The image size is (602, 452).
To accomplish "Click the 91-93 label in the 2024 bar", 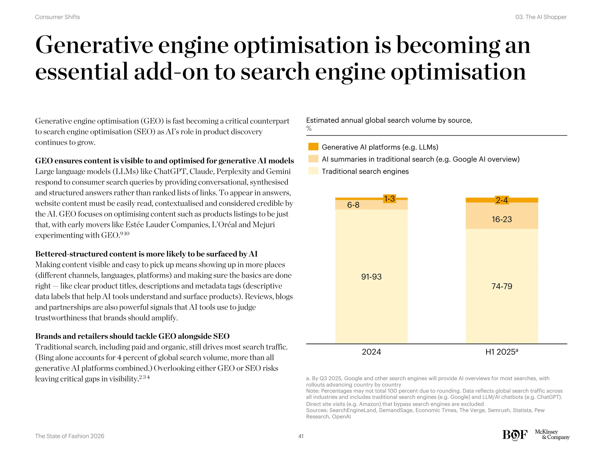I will (371, 277).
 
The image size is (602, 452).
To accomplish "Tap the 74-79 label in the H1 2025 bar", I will (501, 286).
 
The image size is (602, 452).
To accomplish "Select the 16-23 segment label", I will (501, 219).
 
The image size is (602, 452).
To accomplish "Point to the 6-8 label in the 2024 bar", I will (353, 205).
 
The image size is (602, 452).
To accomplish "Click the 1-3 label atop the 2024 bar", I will (389, 199).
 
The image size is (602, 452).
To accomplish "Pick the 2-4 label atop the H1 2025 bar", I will (501, 200).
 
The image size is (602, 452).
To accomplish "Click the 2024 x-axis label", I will (371, 352).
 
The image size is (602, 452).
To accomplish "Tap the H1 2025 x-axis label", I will (501, 352).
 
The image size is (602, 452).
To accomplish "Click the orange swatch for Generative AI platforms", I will (313, 147).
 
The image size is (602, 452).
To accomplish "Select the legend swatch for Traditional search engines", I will (313, 171).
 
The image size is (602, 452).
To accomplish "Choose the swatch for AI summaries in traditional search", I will (313, 159).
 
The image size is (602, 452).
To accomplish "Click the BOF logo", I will (515, 435).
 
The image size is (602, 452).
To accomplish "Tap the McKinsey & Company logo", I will (552, 434).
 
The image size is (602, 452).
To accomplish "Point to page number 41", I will (301, 436).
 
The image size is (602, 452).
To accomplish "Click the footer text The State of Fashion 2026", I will (69, 436).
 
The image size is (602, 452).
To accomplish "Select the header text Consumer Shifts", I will (57, 17).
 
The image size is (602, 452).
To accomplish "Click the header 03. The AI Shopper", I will (541, 17).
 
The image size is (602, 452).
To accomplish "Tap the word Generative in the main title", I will (94, 45).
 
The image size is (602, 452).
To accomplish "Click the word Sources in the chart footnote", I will (316, 410).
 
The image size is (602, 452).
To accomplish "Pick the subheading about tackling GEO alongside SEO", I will (132, 336).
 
